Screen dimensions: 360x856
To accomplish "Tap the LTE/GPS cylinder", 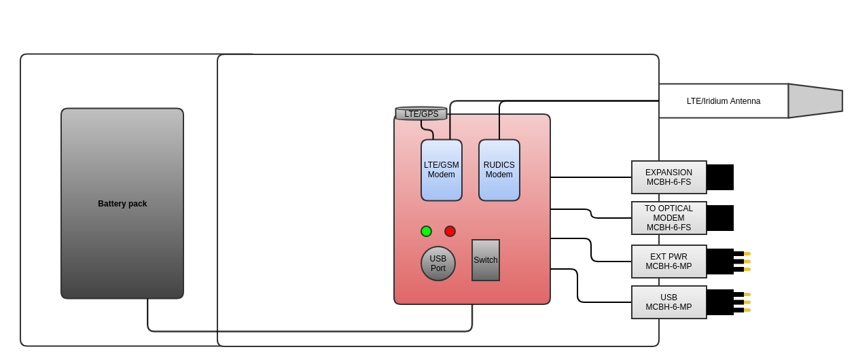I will point(421,113).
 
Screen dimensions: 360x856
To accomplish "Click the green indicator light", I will point(426,231).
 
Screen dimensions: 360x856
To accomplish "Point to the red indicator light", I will point(450,231).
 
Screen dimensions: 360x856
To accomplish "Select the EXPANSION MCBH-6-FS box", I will point(669,177).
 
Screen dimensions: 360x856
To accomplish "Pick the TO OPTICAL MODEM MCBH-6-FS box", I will point(669,218).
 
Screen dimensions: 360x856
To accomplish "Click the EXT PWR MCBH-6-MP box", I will point(669,262).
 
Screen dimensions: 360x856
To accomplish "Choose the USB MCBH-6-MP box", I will point(669,302).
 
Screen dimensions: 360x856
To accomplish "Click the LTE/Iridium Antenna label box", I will point(724,101).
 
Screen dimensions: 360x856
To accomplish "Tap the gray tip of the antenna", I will point(815,101).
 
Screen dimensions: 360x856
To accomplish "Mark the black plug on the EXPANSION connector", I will point(720,177).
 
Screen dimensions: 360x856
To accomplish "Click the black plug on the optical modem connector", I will point(720,218).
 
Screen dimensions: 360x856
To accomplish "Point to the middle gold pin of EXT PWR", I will point(747,262).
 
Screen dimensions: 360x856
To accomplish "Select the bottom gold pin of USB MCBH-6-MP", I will point(747,310).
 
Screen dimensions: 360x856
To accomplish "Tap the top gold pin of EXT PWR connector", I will point(747,253).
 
